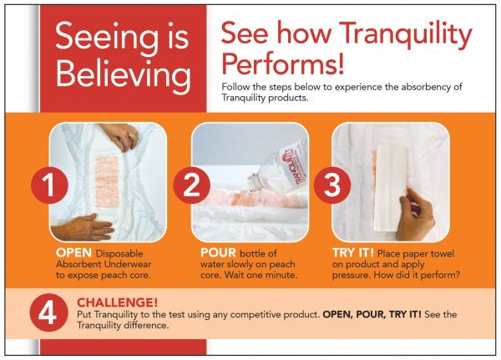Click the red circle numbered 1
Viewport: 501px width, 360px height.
click(49, 185)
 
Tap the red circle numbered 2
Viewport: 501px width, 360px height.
click(192, 185)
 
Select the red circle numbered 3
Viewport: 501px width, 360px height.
click(332, 185)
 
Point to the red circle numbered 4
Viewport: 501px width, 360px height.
click(49, 312)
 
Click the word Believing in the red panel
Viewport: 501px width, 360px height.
click(124, 74)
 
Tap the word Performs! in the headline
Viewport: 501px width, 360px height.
click(282, 63)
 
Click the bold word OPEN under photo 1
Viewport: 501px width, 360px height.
click(73, 253)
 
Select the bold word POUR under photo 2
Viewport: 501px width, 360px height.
click(218, 253)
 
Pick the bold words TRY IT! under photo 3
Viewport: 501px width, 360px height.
click(353, 253)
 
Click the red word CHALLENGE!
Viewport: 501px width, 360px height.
click(117, 302)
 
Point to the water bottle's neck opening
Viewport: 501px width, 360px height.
click(253, 183)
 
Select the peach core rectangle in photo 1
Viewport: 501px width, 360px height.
click(108, 181)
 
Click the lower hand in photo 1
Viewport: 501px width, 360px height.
click(83, 228)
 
